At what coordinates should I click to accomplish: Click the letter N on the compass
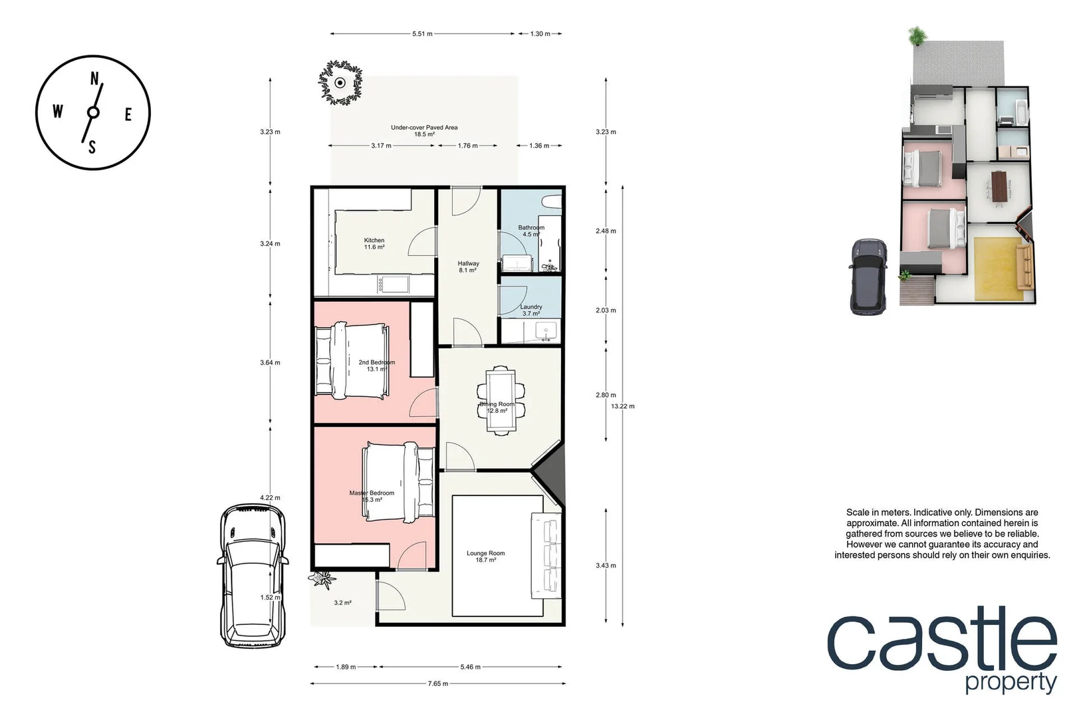(x=94, y=79)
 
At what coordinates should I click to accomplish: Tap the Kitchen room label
(x=374, y=243)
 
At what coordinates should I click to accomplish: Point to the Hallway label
(x=468, y=267)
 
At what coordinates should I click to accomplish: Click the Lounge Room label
(x=485, y=556)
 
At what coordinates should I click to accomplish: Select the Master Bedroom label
(x=372, y=496)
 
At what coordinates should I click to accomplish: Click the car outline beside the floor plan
(x=252, y=576)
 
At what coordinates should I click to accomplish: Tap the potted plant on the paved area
(x=340, y=82)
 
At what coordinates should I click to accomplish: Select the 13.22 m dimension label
(x=623, y=406)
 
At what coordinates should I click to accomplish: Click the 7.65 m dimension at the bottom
(x=437, y=683)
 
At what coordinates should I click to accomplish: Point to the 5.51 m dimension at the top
(x=422, y=34)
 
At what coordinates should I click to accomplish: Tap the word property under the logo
(x=1011, y=683)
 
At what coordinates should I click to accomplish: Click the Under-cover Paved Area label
(x=424, y=130)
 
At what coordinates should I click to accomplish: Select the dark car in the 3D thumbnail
(x=868, y=276)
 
